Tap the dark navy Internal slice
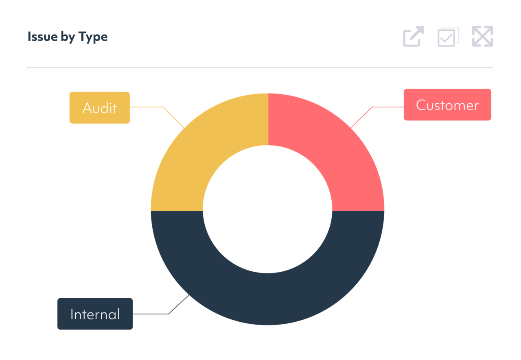click(267, 299)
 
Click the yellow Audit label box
click(100, 108)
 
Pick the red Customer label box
click(447, 105)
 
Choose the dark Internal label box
click(95, 314)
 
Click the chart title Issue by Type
click(68, 37)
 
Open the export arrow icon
click(414, 37)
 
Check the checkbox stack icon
click(448, 37)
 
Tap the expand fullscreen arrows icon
click(483, 37)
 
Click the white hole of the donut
click(267, 209)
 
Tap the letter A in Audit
click(87, 108)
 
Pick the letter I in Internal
click(72, 314)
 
